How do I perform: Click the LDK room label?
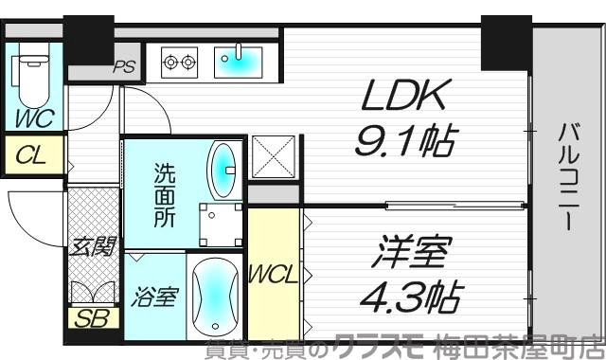tap(400, 98)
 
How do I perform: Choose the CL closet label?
tap(31, 154)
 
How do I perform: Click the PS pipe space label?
tap(124, 67)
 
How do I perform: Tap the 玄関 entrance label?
tap(93, 247)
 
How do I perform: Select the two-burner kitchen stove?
tap(181, 63)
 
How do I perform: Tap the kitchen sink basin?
tap(232, 63)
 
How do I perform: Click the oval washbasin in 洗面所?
tap(223, 165)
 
